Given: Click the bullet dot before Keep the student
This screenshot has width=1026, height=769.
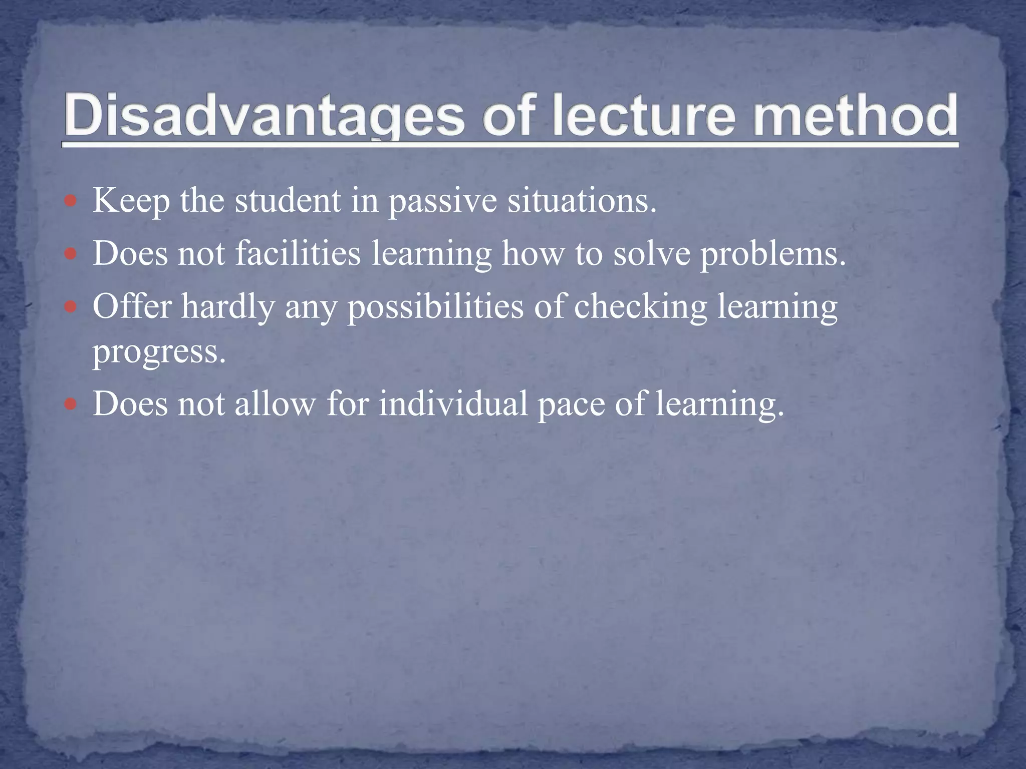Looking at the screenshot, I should [x=71, y=202].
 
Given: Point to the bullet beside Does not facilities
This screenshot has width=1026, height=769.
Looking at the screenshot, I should [x=71, y=254].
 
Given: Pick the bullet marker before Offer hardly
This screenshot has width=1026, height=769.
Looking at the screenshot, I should [x=71, y=307].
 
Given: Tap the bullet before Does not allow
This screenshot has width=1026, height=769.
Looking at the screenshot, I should [x=71, y=404].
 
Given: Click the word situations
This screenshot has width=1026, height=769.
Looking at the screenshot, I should [x=582, y=200].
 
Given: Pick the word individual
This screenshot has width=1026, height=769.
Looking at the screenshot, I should [x=453, y=404].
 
